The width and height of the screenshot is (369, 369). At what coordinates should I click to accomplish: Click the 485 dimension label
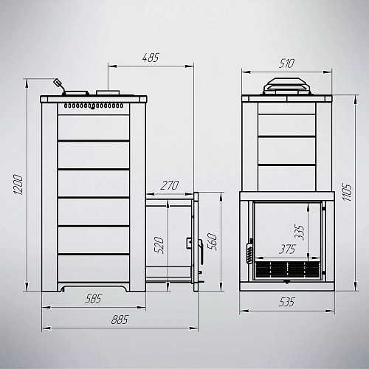point(151,58)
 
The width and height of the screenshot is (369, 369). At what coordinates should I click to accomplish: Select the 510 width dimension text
point(286,63)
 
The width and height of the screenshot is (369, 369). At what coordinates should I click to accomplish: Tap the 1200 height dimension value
point(18,184)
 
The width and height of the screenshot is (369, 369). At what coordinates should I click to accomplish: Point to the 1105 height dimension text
point(348,192)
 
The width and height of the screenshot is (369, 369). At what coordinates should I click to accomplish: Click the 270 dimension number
point(170,185)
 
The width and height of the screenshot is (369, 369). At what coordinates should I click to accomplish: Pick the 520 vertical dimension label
point(159,245)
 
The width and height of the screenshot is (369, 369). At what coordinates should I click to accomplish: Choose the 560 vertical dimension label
point(213,242)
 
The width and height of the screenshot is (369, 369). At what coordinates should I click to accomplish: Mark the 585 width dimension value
point(93,299)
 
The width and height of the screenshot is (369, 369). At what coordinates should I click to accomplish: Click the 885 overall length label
point(120,320)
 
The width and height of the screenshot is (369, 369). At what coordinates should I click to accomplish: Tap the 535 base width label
point(287,302)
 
